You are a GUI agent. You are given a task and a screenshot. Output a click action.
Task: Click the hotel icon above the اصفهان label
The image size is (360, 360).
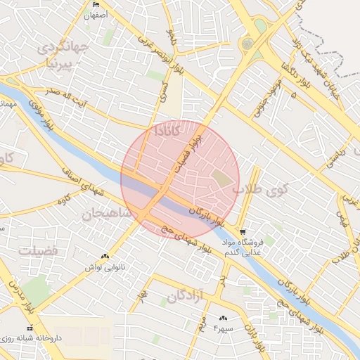96,5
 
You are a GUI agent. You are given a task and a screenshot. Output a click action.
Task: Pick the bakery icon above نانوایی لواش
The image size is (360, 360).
105,257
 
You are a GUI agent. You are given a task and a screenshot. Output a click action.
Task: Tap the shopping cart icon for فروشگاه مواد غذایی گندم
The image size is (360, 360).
243,232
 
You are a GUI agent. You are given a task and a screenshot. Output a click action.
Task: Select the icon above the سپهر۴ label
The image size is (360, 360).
224,318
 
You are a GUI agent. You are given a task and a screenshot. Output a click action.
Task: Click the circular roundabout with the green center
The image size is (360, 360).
247,44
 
